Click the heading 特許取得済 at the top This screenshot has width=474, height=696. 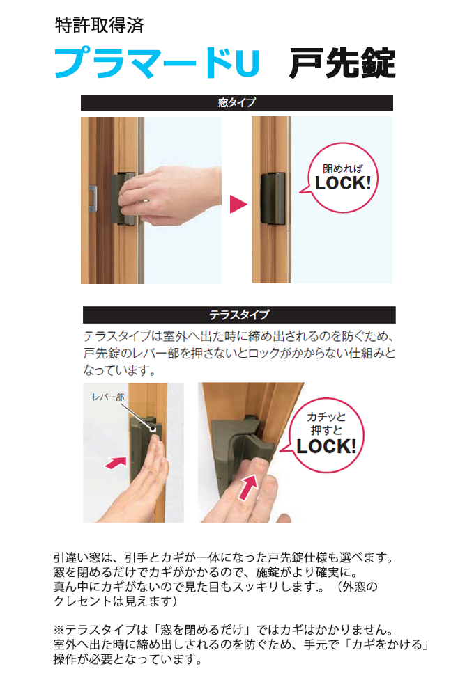point(99,25)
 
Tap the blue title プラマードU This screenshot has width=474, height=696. point(157,63)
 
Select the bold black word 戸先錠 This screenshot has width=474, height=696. point(342,63)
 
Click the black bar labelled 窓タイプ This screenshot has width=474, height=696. point(236,102)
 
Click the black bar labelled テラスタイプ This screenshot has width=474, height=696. point(239,315)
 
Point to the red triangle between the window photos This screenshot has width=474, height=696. point(238,204)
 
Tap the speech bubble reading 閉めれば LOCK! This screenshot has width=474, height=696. point(342,177)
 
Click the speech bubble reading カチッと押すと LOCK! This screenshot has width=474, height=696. point(326,435)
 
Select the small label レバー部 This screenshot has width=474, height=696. point(108,397)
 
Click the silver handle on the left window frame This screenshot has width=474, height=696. point(93,198)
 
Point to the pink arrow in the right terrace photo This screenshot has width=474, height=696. point(247,487)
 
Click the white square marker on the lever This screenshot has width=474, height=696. point(153,429)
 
